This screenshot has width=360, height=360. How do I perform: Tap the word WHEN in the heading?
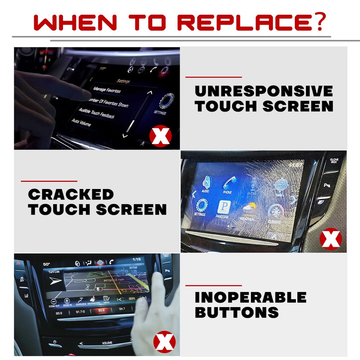tap(75, 23)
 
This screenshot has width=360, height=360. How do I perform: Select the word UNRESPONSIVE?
tap(264, 91)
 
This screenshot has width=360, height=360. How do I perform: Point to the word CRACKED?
tap(70, 194)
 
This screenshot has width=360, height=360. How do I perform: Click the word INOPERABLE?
tap(250, 297)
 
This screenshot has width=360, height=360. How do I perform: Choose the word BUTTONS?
tap(237, 312)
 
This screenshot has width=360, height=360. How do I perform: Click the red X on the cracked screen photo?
tap(330, 239)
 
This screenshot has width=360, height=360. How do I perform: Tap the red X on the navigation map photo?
tap(165, 342)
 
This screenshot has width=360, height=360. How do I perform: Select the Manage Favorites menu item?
tap(107, 90)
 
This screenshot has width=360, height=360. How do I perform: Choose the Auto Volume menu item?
tap(81, 122)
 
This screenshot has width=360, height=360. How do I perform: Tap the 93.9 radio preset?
tap(101, 310)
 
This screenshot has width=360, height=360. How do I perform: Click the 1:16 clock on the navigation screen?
tap(136, 259)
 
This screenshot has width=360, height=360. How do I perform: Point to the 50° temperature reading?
tap(46, 264)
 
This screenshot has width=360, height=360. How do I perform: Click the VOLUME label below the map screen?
tap(107, 343)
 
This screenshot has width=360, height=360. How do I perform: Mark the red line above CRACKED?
tap(49, 181)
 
